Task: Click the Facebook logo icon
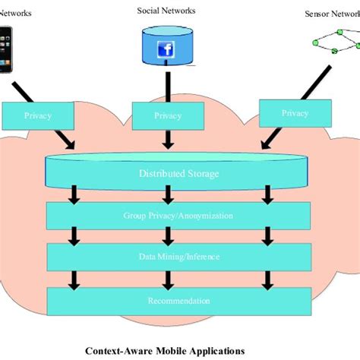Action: pyautogui.click(x=166, y=50)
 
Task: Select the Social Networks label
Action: pyautogui.click(x=166, y=11)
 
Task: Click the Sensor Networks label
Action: pyautogui.click(x=331, y=14)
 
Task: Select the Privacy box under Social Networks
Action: pyautogui.click(x=166, y=116)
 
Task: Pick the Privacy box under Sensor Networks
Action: pyautogui.click(x=295, y=113)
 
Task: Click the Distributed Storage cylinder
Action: pyautogui.click(x=178, y=172)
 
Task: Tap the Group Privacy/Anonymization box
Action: pyautogui.click(x=178, y=216)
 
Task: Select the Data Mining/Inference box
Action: pyautogui.click(x=178, y=257)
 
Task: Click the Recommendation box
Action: pyautogui.click(x=178, y=301)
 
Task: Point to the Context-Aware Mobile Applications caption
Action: pyautogui.click(x=165, y=350)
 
